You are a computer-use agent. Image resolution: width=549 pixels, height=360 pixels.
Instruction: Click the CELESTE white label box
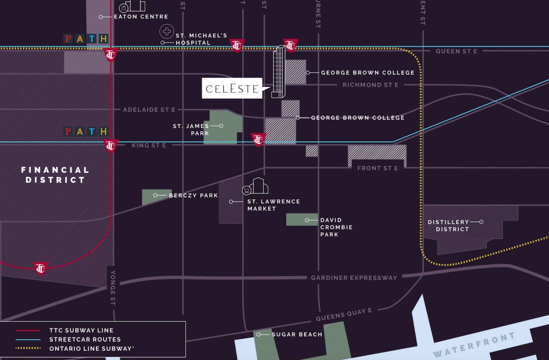232,88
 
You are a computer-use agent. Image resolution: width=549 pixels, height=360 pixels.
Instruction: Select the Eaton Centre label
141,17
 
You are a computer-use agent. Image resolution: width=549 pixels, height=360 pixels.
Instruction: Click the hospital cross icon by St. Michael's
166,31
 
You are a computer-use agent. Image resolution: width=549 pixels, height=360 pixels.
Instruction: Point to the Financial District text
55,175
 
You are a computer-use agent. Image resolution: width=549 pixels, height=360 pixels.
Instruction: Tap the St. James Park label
191,129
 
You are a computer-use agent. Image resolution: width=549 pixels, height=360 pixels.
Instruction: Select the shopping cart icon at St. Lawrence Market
247,190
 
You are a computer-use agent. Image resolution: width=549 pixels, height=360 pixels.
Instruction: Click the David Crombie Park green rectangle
302,219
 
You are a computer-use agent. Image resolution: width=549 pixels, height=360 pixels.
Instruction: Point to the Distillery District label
448,225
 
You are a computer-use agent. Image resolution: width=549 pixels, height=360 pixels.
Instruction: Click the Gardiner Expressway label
354,278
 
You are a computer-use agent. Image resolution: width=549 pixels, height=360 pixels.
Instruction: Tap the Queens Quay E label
344,315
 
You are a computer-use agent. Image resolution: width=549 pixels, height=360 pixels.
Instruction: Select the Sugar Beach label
297,334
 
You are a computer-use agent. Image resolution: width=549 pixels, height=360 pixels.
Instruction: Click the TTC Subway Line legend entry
81,330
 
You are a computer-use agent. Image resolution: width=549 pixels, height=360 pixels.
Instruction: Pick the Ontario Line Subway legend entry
91,348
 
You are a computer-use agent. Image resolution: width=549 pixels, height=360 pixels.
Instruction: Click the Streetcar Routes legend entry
84,339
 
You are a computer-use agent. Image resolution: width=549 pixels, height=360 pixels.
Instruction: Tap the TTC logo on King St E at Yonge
111,146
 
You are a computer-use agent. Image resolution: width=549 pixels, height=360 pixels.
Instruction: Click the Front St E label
377,168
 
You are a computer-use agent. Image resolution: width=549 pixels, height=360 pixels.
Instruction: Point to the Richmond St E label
371,85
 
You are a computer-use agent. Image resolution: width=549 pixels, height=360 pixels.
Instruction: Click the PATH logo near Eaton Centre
86,39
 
